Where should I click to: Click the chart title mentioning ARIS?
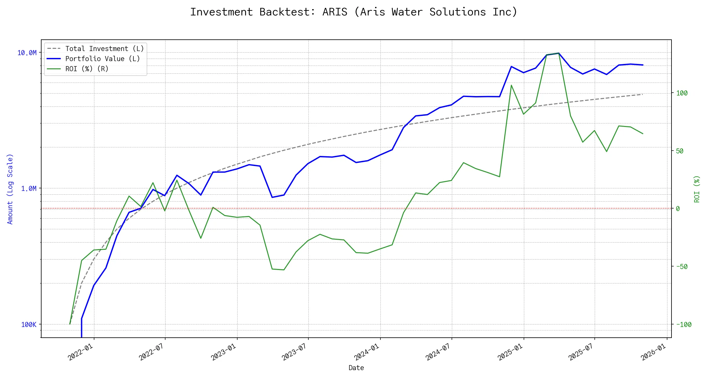354,12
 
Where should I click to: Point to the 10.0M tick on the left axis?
27,53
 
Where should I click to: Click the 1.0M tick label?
29,189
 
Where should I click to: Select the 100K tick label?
29,325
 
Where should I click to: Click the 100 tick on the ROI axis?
682,93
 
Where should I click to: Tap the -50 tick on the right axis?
682,267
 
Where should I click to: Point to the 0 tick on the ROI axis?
678,209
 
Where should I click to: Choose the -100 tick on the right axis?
684,325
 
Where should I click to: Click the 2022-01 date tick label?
81,352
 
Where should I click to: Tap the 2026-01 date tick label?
654,352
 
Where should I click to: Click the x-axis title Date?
356,368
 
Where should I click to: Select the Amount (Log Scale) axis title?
10,189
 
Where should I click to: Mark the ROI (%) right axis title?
697,189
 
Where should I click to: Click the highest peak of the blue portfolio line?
558,53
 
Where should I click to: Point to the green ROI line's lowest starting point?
70,324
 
